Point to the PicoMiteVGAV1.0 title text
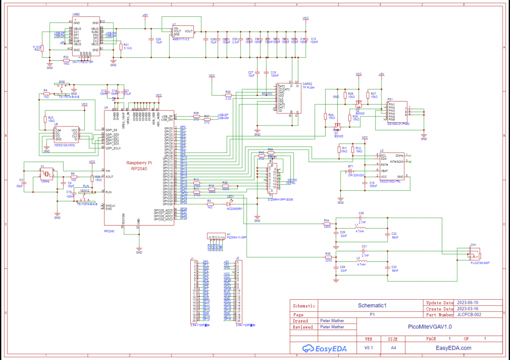[430, 327]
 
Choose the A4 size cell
[393, 348]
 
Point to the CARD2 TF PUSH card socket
[287, 98]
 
